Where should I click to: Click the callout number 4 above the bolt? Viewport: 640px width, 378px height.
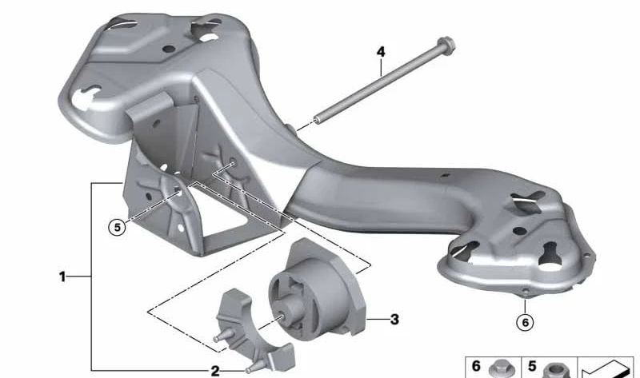(381, 52)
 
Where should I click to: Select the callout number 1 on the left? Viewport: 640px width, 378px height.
(62, 277)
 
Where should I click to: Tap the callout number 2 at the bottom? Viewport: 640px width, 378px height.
(214, 370)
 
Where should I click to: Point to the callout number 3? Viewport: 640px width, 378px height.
(394, 320)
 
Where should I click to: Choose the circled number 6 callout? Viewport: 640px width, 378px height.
(524, 323)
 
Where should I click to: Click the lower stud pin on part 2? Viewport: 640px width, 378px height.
(253, 367)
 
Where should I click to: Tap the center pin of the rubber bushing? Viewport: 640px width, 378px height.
(284, 315)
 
